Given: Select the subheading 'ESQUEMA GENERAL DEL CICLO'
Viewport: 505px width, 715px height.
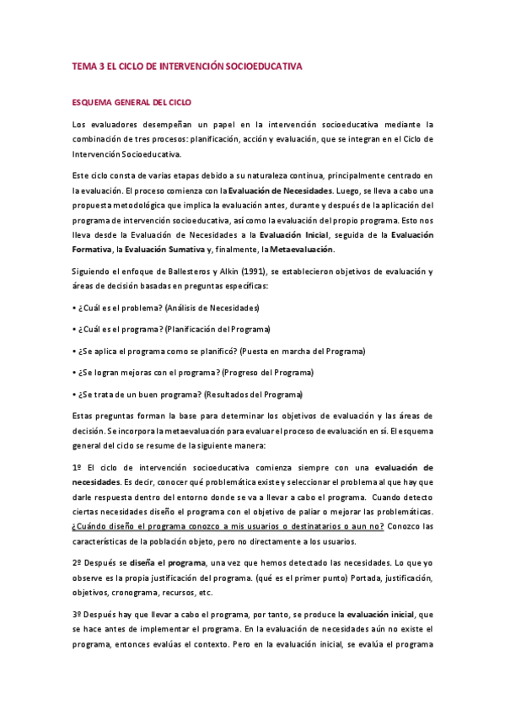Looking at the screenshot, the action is point(132,102).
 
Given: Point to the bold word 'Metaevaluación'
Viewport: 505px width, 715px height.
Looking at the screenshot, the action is point(299,249).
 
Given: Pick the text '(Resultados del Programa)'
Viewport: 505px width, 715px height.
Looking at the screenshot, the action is point(252,394).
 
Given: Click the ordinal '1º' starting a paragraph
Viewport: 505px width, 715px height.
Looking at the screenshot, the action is point(75,467).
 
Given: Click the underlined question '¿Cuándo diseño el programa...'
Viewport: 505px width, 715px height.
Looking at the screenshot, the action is point(228,525).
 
